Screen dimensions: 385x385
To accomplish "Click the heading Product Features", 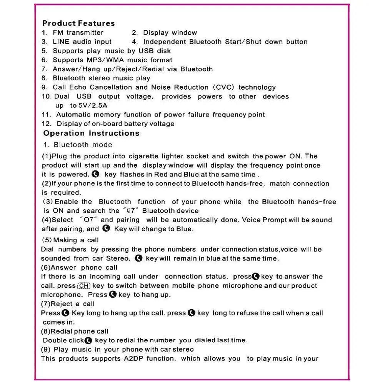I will [78, 23].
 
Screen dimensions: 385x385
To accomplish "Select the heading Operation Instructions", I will [91, 133].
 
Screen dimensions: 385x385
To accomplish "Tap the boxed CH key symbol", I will [84, 286].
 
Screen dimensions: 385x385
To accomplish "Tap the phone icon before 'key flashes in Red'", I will [96, 174].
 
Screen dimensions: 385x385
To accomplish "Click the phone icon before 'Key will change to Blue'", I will [106, 229].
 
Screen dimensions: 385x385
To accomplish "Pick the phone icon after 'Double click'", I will [88, 340].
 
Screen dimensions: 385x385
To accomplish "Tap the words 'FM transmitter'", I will [78, 33].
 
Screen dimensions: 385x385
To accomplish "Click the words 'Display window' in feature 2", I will [170, 33].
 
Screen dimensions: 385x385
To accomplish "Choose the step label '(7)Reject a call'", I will [68, 304].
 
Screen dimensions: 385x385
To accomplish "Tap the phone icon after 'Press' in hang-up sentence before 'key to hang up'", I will [113, 295].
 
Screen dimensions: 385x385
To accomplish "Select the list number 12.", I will [47, 124].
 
